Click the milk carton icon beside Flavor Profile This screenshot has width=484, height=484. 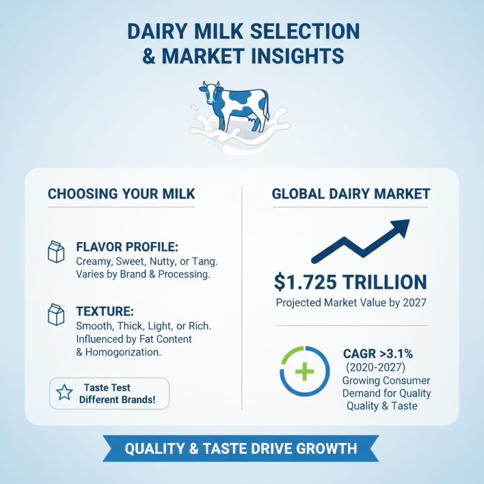click(56, 252)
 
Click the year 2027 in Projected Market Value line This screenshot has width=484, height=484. click(414, 302)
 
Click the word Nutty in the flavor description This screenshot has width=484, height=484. click(159, 261)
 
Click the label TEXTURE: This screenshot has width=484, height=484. click(105, 312)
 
